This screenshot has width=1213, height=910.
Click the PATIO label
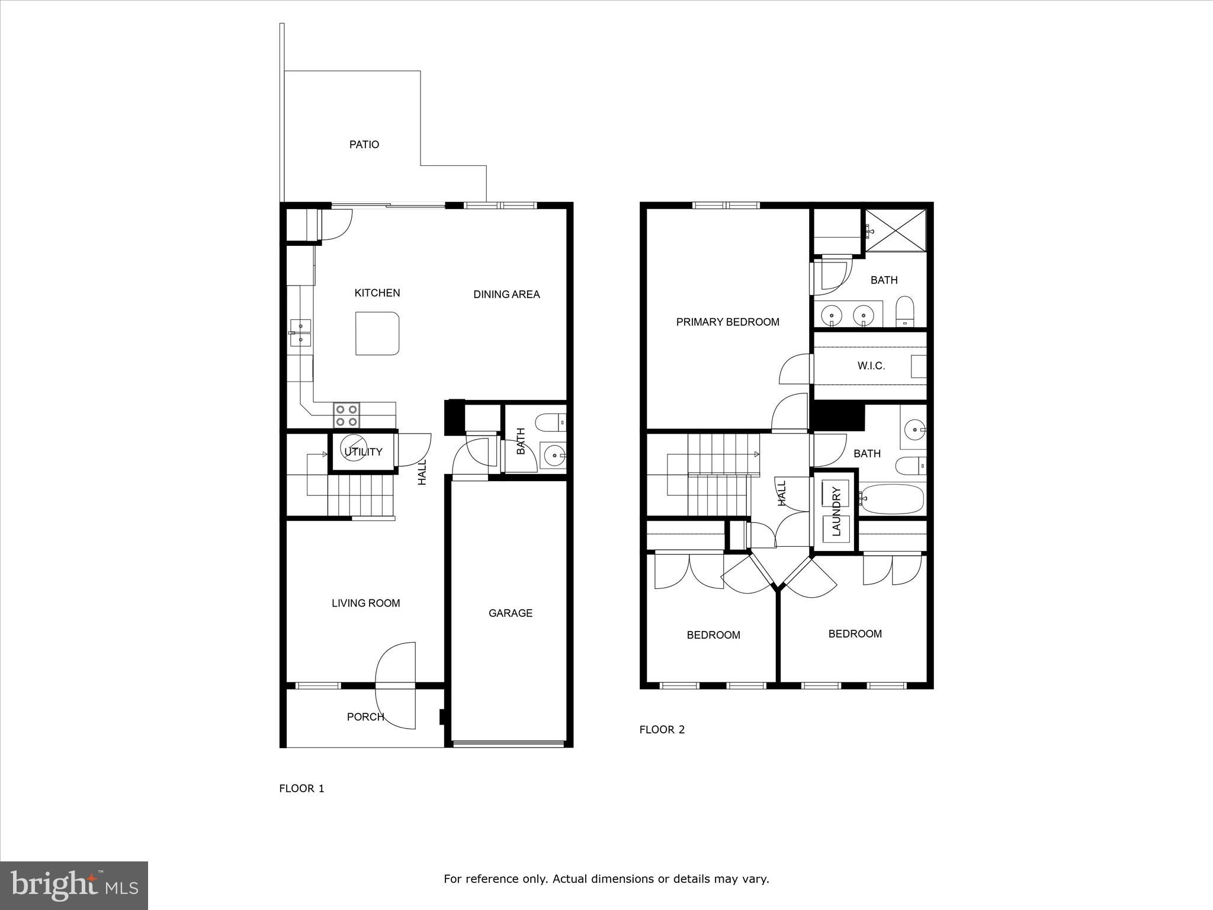(364, 145)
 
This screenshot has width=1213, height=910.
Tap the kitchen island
(377, 334)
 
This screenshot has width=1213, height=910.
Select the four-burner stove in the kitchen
(346, 415)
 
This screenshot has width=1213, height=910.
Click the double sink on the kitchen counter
(301, 332)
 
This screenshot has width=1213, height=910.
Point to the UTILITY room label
(363, 452)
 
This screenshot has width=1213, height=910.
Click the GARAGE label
(510, 613)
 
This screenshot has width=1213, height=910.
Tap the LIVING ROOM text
(365, 603)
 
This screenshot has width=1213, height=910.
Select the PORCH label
(365, 717)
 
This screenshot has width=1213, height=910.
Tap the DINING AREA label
(506, 294)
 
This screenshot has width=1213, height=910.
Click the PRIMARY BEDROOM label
(727, 322)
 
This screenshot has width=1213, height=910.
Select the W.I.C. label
(871, 366)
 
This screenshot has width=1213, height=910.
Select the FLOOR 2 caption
(662, 730)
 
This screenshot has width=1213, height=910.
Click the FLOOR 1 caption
(301, 789)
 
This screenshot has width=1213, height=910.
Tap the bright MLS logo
(74, 885)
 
